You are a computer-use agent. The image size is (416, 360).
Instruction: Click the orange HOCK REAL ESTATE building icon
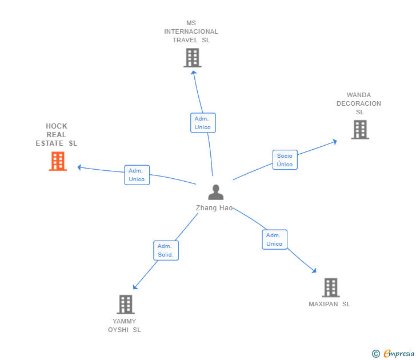[x=58, y=161]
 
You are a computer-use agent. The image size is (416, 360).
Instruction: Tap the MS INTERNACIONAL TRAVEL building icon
[x=193, y=58]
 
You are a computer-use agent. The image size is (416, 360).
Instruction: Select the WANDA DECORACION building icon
[x=359, y=130]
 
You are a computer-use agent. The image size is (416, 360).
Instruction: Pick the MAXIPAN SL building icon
[x=330, y=287]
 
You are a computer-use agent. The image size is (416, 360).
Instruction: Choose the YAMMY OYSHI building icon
[x=126, y=305]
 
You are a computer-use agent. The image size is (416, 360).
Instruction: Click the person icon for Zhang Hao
[x=215, y=192]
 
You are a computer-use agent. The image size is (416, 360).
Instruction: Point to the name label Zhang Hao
[x=214, y=208]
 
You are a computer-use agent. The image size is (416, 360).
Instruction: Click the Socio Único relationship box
[x=285, y=160]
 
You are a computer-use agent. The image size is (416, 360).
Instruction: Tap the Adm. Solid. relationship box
[x=166, y=250]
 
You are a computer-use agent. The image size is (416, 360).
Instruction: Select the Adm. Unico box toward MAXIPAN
[x=274, y=239]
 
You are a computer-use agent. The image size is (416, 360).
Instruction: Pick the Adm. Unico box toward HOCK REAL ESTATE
[x=137, y=175]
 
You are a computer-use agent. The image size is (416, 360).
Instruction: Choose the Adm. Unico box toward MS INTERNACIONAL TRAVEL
[x=202, y=123]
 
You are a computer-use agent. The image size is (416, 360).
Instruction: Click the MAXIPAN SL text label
[x=329, y=304]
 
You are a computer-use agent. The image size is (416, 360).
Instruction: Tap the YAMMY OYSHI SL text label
[x=125, y=325]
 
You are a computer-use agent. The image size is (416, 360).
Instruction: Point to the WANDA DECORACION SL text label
[x=359, y=103]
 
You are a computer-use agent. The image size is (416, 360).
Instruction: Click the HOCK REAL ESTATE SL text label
[x=57, y=135]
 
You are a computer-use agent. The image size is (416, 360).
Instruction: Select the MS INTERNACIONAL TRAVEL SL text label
[x=191, y=31]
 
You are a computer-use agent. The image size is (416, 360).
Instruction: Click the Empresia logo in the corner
[x=399, y=354]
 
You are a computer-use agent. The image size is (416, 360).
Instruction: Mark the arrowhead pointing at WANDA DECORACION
[x=335, y=141]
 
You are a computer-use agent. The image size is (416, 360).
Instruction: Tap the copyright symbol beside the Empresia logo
[x=376, y=354]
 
